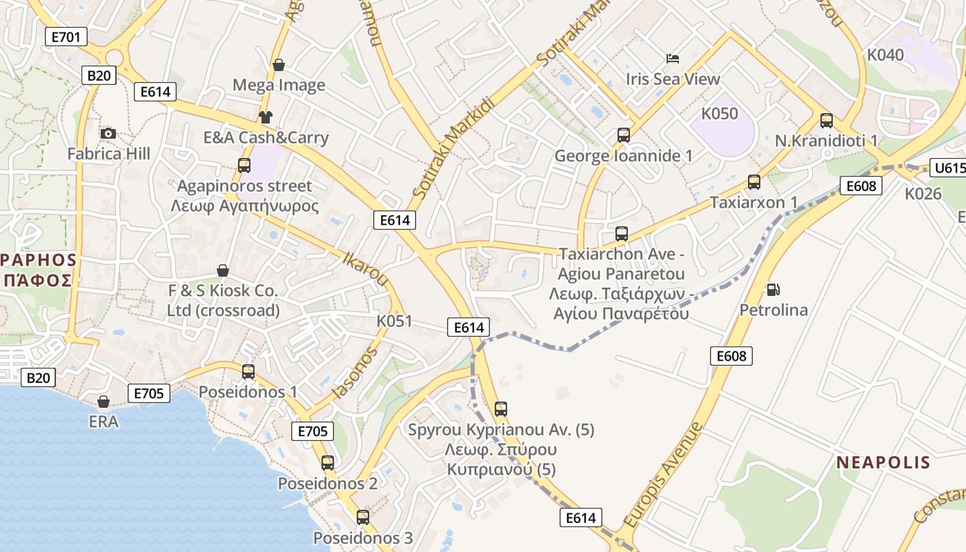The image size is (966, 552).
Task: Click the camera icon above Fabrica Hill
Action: (x=108, y=133)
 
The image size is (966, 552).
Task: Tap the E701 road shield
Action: (x=66, y=37)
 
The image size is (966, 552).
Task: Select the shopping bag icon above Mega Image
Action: (x=279, y=65)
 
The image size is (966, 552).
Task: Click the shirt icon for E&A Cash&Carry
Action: (x=266, y=117)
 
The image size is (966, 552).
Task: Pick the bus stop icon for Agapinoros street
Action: (x=244, y=166)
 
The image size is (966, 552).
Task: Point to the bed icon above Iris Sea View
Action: (x=673, y=59)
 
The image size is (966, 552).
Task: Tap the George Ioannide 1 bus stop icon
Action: (x=624, y=135)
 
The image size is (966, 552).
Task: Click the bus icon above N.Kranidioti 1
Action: (x=827, y=121)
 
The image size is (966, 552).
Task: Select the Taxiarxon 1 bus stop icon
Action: (x=754, y=182)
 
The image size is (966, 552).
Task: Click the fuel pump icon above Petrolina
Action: (x=773, y=290)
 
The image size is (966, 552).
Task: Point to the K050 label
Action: (x=720, y=114)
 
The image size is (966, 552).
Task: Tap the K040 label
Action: (x=885, y=55)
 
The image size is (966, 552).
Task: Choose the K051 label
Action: (x=394, y=321)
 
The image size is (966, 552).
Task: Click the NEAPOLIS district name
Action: (x=884, y=462)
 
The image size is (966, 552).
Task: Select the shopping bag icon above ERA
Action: (x=103, y=401)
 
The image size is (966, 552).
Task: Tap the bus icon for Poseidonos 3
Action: (x=363, y=517)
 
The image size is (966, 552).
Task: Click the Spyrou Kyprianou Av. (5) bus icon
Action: (x=501, y=408)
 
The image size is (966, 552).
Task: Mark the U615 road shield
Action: (x=948, y=168)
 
